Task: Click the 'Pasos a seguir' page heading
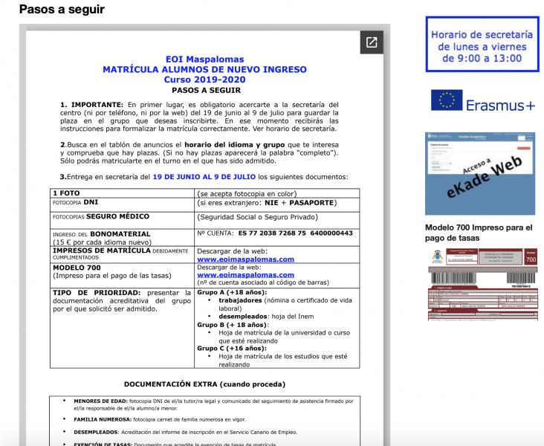click(x=62, y=10)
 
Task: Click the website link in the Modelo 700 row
click(x=245, y=274)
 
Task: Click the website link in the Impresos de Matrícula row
click(x=245, y=259)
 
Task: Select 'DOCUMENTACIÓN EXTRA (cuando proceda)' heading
click(x=204, y=384)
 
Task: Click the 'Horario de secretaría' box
click(x=482, y=45)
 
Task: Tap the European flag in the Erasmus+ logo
click(x=446, y=100)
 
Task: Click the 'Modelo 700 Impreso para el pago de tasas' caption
click(x=479, y=232)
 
